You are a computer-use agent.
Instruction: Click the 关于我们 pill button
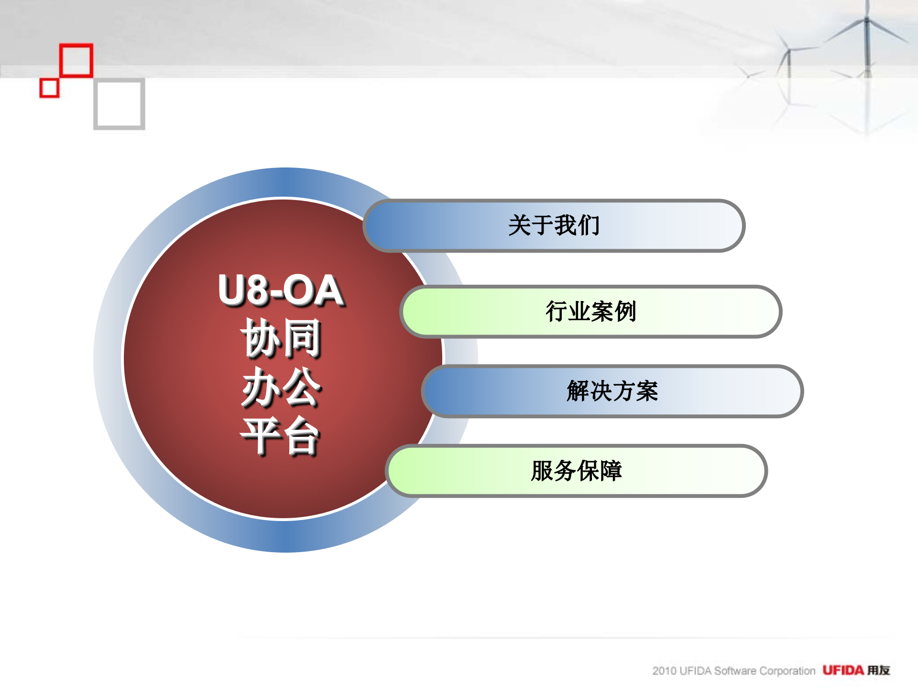554,225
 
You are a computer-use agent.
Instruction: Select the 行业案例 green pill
591,311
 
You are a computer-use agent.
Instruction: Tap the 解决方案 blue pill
612,391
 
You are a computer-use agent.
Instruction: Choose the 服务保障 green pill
577,471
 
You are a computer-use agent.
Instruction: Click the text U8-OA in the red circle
281,290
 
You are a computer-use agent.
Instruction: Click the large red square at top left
76,60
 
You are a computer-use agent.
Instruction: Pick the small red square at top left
49,88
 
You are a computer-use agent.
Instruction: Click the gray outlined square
119,104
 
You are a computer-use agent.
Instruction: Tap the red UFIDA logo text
843,670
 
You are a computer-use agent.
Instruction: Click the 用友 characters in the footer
879,670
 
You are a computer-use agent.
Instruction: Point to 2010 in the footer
665,671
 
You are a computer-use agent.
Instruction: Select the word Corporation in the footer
787,671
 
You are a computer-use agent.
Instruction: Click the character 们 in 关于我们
589,225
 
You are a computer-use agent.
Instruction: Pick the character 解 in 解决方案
578,391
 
